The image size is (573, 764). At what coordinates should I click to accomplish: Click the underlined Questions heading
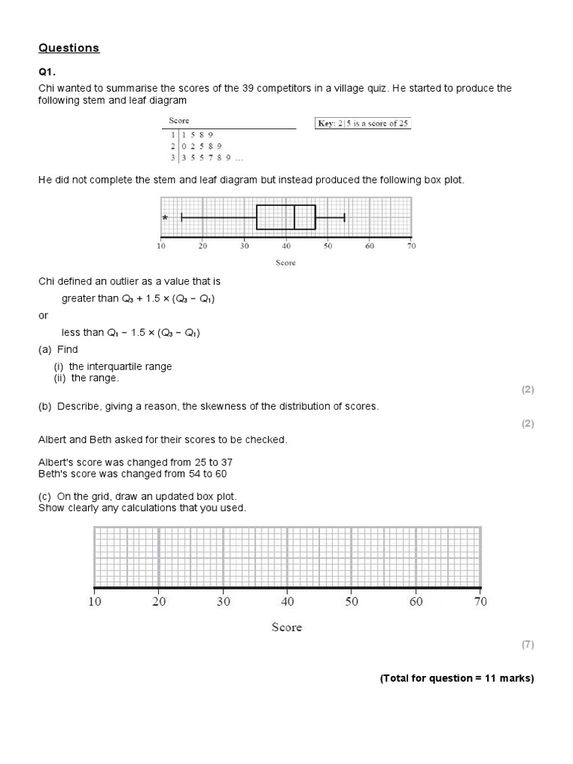pyautogui.click(x=69, y=48)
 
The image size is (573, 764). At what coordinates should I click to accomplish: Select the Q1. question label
pyautogui.click(x=47, y=73)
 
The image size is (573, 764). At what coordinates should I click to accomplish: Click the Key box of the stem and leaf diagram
pyautogui.click(x=363, y=123)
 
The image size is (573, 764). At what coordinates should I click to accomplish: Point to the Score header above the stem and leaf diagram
pyautogui.click(x=179, y=121)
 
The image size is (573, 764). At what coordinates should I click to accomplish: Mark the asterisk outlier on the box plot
pyautogui.click(x=165, y=219)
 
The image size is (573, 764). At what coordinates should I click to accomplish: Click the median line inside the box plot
pyautogui.click(x=295, y=217)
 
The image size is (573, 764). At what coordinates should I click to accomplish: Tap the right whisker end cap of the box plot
pyautogui.click(x=344, y=217)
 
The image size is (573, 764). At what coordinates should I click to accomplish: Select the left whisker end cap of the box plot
pyautogui.click(x=181, y=217)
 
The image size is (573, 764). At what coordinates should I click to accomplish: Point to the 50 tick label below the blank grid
pyautogui.click(x=351, y=601)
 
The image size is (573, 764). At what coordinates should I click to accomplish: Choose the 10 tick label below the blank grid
pyautogui.click(x=95, y=601)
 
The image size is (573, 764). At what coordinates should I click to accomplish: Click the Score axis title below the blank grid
pyautogui.click(x=286, y=627)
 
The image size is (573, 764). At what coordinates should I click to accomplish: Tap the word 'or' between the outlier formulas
pyautogui.click(x=43, y=316)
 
